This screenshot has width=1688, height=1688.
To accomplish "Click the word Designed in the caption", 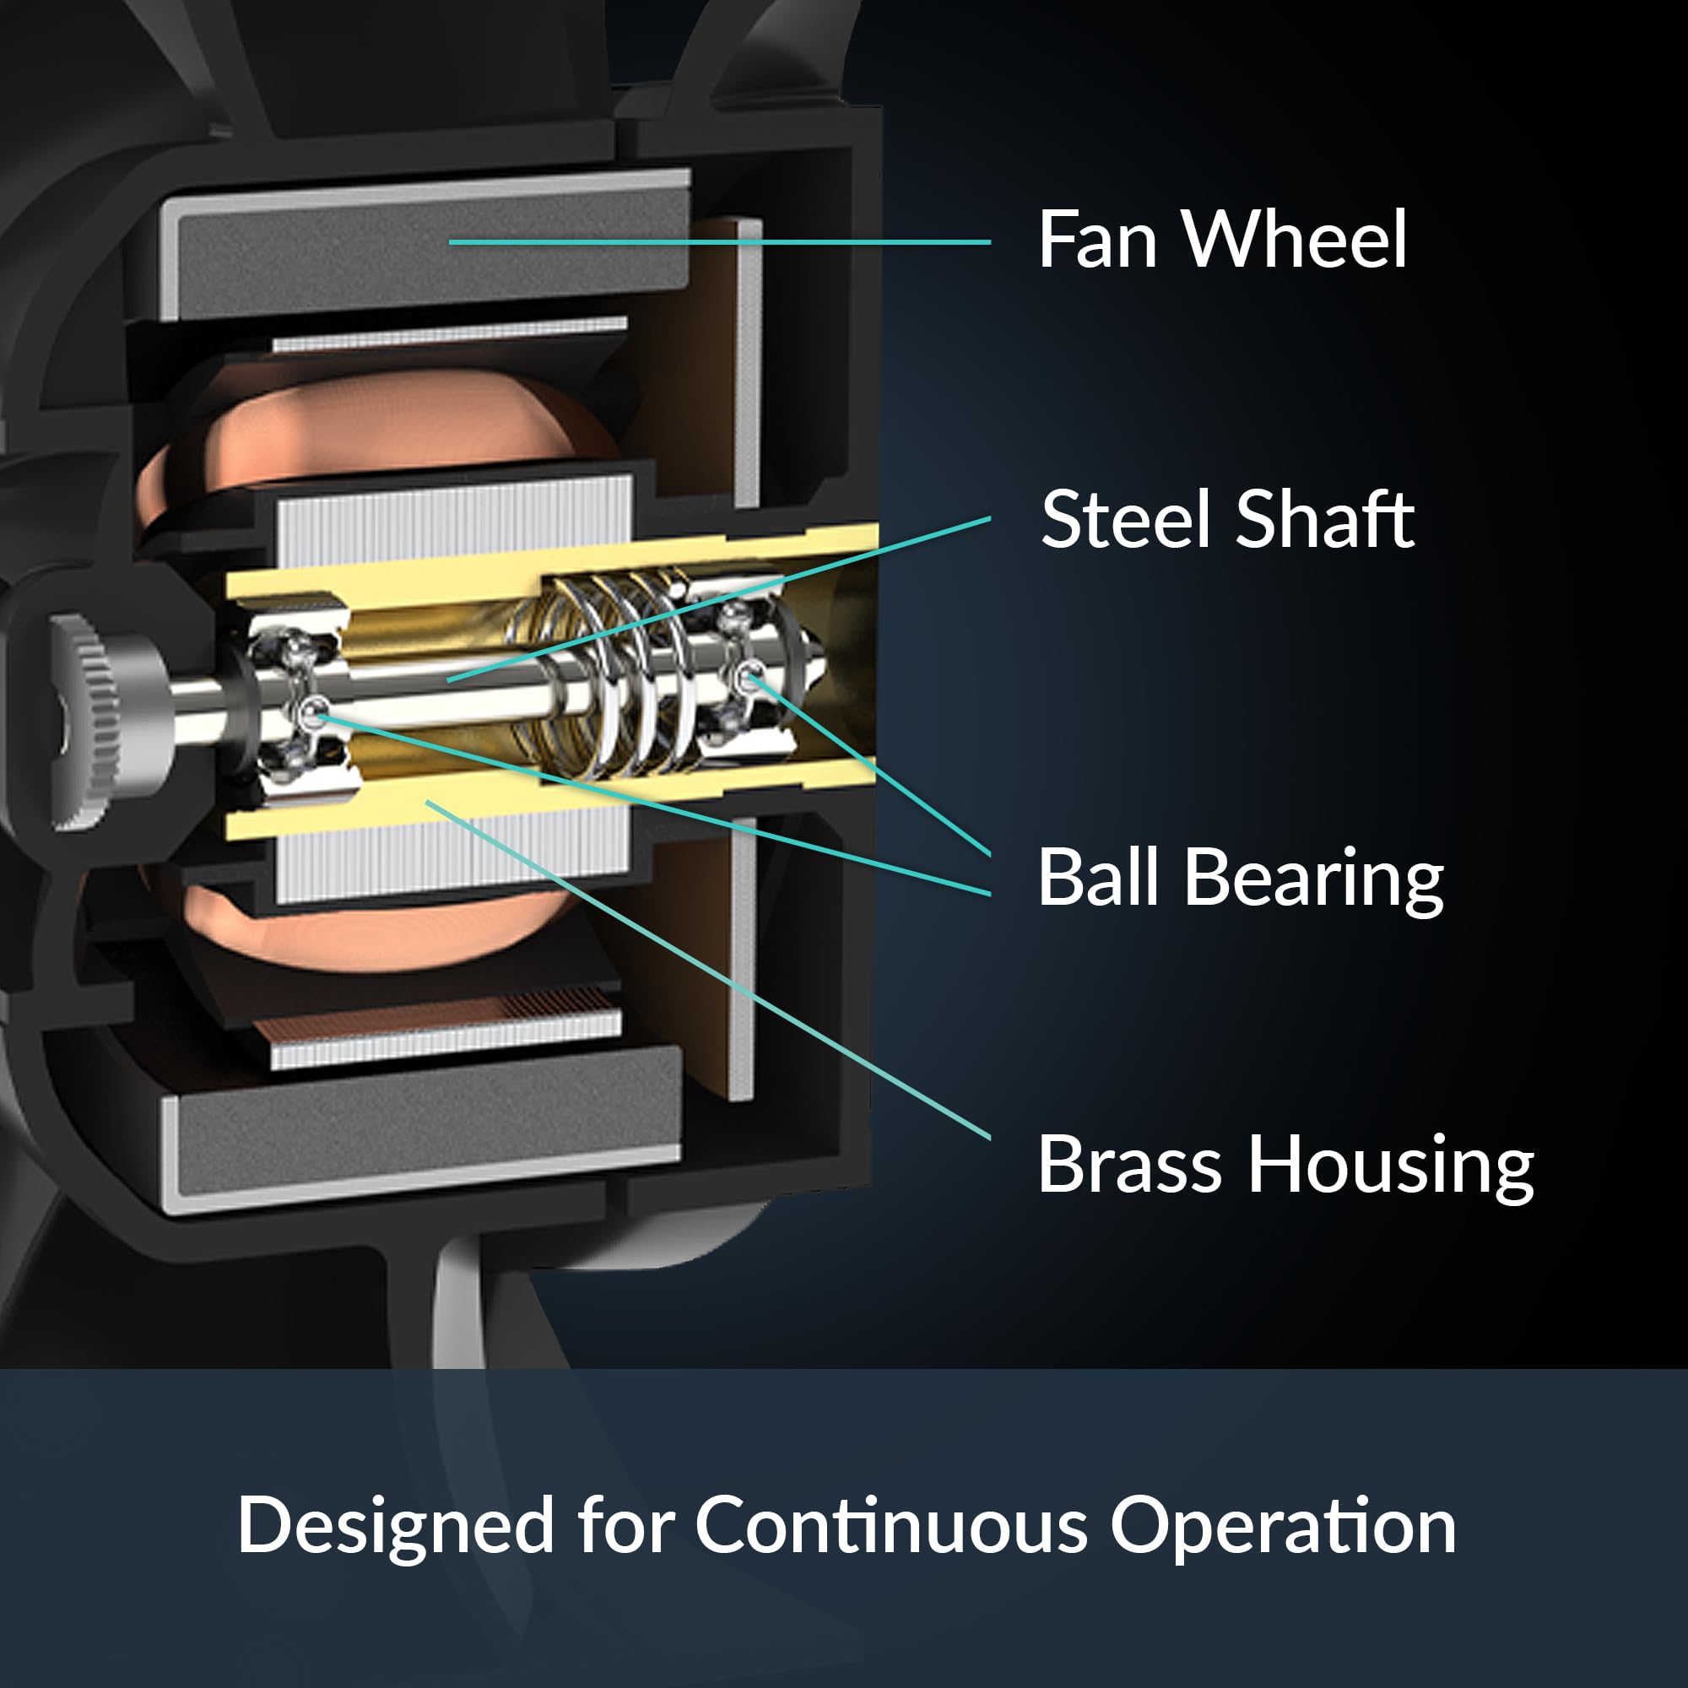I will click(395, 1526).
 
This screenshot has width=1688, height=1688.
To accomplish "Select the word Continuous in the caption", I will click(891, 1524).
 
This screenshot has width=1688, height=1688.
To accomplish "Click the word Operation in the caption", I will click(1283, 1526).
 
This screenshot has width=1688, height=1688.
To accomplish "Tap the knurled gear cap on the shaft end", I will click(88, 722).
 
